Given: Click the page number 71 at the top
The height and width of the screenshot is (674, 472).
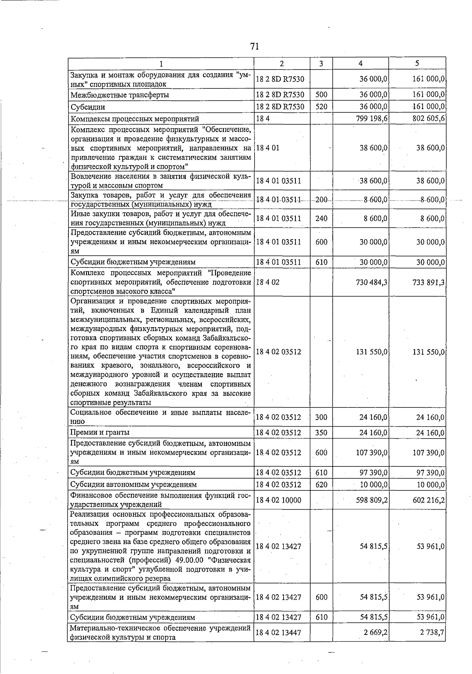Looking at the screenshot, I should (x=254, y=47).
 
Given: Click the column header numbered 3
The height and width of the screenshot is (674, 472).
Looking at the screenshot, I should (x=321, y=64).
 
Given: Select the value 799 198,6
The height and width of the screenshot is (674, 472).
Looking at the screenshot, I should (x=370, y=119).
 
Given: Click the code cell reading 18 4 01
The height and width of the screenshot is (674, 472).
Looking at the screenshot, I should (x=268, y=148).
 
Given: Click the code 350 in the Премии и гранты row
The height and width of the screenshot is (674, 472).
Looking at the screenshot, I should (x=321, y=433).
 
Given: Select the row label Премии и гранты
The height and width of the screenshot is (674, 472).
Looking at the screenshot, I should (x=100, y=433).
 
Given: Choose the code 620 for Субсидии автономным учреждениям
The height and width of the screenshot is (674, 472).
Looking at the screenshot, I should (x=321, y=485).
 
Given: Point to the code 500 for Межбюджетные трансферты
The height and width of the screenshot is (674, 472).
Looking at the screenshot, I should (x=321, y=95).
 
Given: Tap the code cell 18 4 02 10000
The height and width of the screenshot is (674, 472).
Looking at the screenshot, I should (x=278, y=500).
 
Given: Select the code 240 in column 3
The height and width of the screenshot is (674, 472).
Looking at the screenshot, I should (x=321, y=219).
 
